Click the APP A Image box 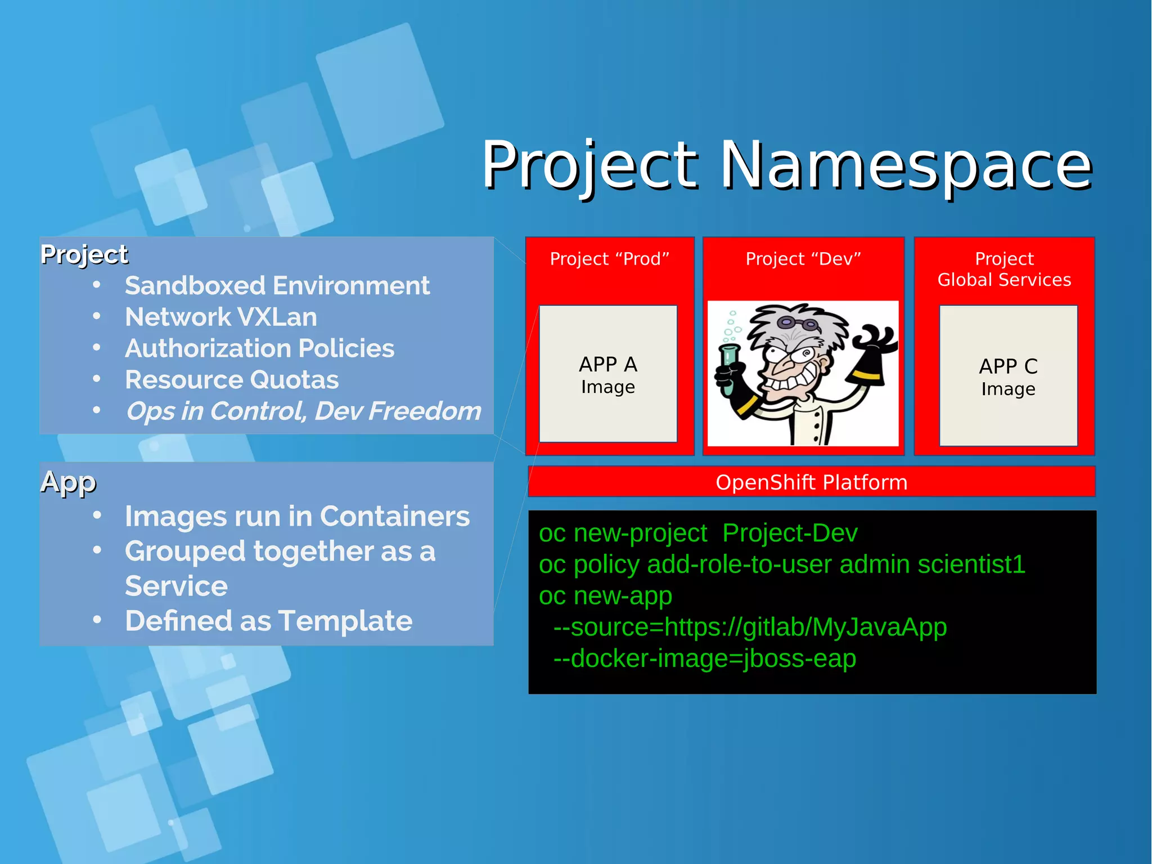click(607, 374)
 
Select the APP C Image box click(1008, 376)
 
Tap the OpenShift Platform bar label click(811, 482)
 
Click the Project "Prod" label click(609, 259)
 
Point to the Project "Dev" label click(803, 259)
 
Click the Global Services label click(1004, 280)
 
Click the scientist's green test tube click(728, 369)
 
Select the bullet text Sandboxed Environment click(277, 286)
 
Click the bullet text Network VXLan click(220, 317)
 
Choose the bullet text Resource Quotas click(232, 380)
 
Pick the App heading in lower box click(68, 482)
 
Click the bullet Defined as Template click(268, 621)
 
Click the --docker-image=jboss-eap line click(704, 659)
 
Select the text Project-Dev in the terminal click(790, 533)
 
